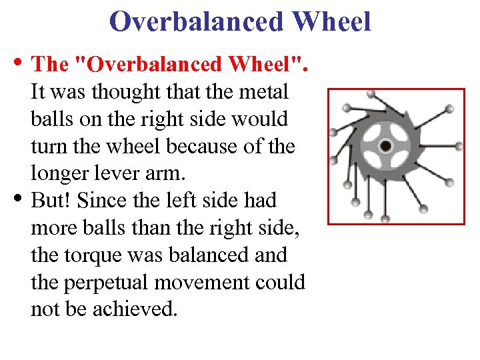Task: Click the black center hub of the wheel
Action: click(x=385, y=146)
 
